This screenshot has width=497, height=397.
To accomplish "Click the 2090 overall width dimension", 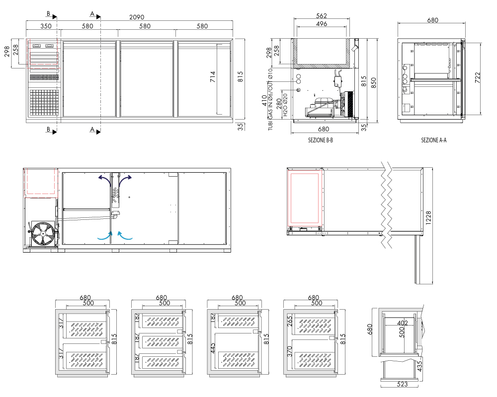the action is click(137, 17).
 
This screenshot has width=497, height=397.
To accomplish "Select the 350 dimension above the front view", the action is click(46, 26).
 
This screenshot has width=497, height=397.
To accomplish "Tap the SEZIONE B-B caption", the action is click(321, 140).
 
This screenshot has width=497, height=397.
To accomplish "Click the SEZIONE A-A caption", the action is click(433, 140).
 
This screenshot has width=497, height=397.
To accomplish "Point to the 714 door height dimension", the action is click(213, 77).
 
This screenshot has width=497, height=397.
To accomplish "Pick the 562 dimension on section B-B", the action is click(322, 15).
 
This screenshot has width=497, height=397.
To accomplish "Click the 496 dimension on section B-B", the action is click(322, 24).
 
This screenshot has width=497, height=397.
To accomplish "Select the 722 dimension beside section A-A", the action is click(477, 78).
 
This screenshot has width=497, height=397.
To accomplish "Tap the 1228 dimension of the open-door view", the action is click(428, 218).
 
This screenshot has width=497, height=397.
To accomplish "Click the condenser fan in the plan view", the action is click(43, 234).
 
